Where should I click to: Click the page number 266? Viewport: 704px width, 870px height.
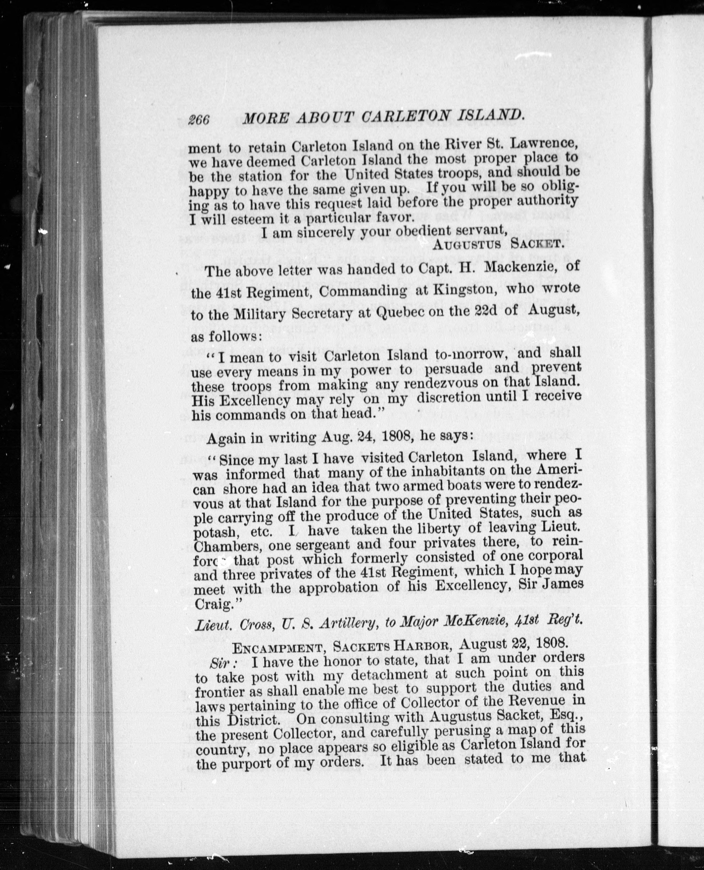pos(199,120)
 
